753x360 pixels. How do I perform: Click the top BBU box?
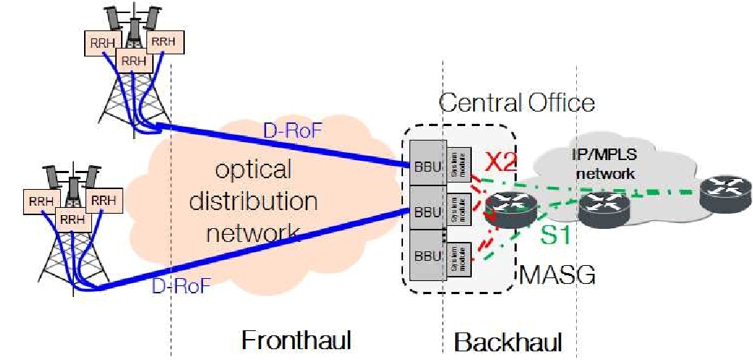426,163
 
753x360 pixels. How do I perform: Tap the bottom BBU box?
426,254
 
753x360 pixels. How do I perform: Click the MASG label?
557,276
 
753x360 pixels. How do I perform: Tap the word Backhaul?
507,340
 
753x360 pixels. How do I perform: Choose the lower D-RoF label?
180,285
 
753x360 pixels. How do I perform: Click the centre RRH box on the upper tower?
134,62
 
